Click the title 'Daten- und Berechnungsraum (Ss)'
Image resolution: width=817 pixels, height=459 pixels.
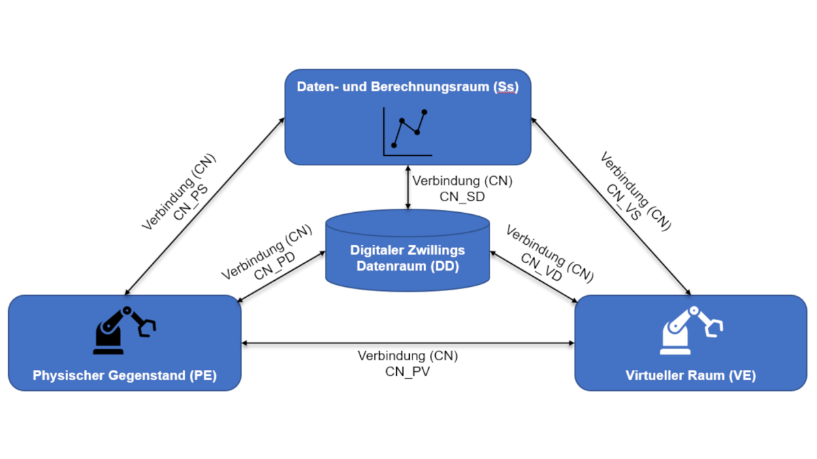pos(407,87)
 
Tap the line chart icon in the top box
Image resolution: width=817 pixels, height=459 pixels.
pos(407,131)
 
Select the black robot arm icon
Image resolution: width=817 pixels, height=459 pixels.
pos(125,330)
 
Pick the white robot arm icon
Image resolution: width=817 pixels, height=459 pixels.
pos(691,330)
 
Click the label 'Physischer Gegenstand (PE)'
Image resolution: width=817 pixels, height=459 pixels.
pos(125,375)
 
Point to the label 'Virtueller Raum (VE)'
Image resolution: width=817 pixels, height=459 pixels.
pos(691,375)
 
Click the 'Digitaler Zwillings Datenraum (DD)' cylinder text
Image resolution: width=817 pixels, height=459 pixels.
pos(407,258)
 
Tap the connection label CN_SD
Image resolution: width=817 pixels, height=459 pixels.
pos(462,197)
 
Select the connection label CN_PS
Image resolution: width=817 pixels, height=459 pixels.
pos(191,203)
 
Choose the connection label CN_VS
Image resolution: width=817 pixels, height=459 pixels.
pos(624,202)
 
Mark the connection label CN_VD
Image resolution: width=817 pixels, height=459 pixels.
pos(542,267)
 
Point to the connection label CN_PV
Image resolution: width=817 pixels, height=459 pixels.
pos(407,371)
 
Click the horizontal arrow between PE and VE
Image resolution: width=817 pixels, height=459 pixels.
pos(408,343)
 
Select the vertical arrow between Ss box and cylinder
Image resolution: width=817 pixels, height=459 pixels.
pos(408,187)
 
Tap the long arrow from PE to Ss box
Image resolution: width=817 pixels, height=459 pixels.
pos(205,206)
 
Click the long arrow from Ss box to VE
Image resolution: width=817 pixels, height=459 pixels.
pos(611,206)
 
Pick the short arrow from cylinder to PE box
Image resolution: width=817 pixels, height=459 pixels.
pos(281,277)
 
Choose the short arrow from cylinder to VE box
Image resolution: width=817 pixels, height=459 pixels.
pos(534,277)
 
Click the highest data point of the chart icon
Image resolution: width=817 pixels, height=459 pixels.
pos(423,112)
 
